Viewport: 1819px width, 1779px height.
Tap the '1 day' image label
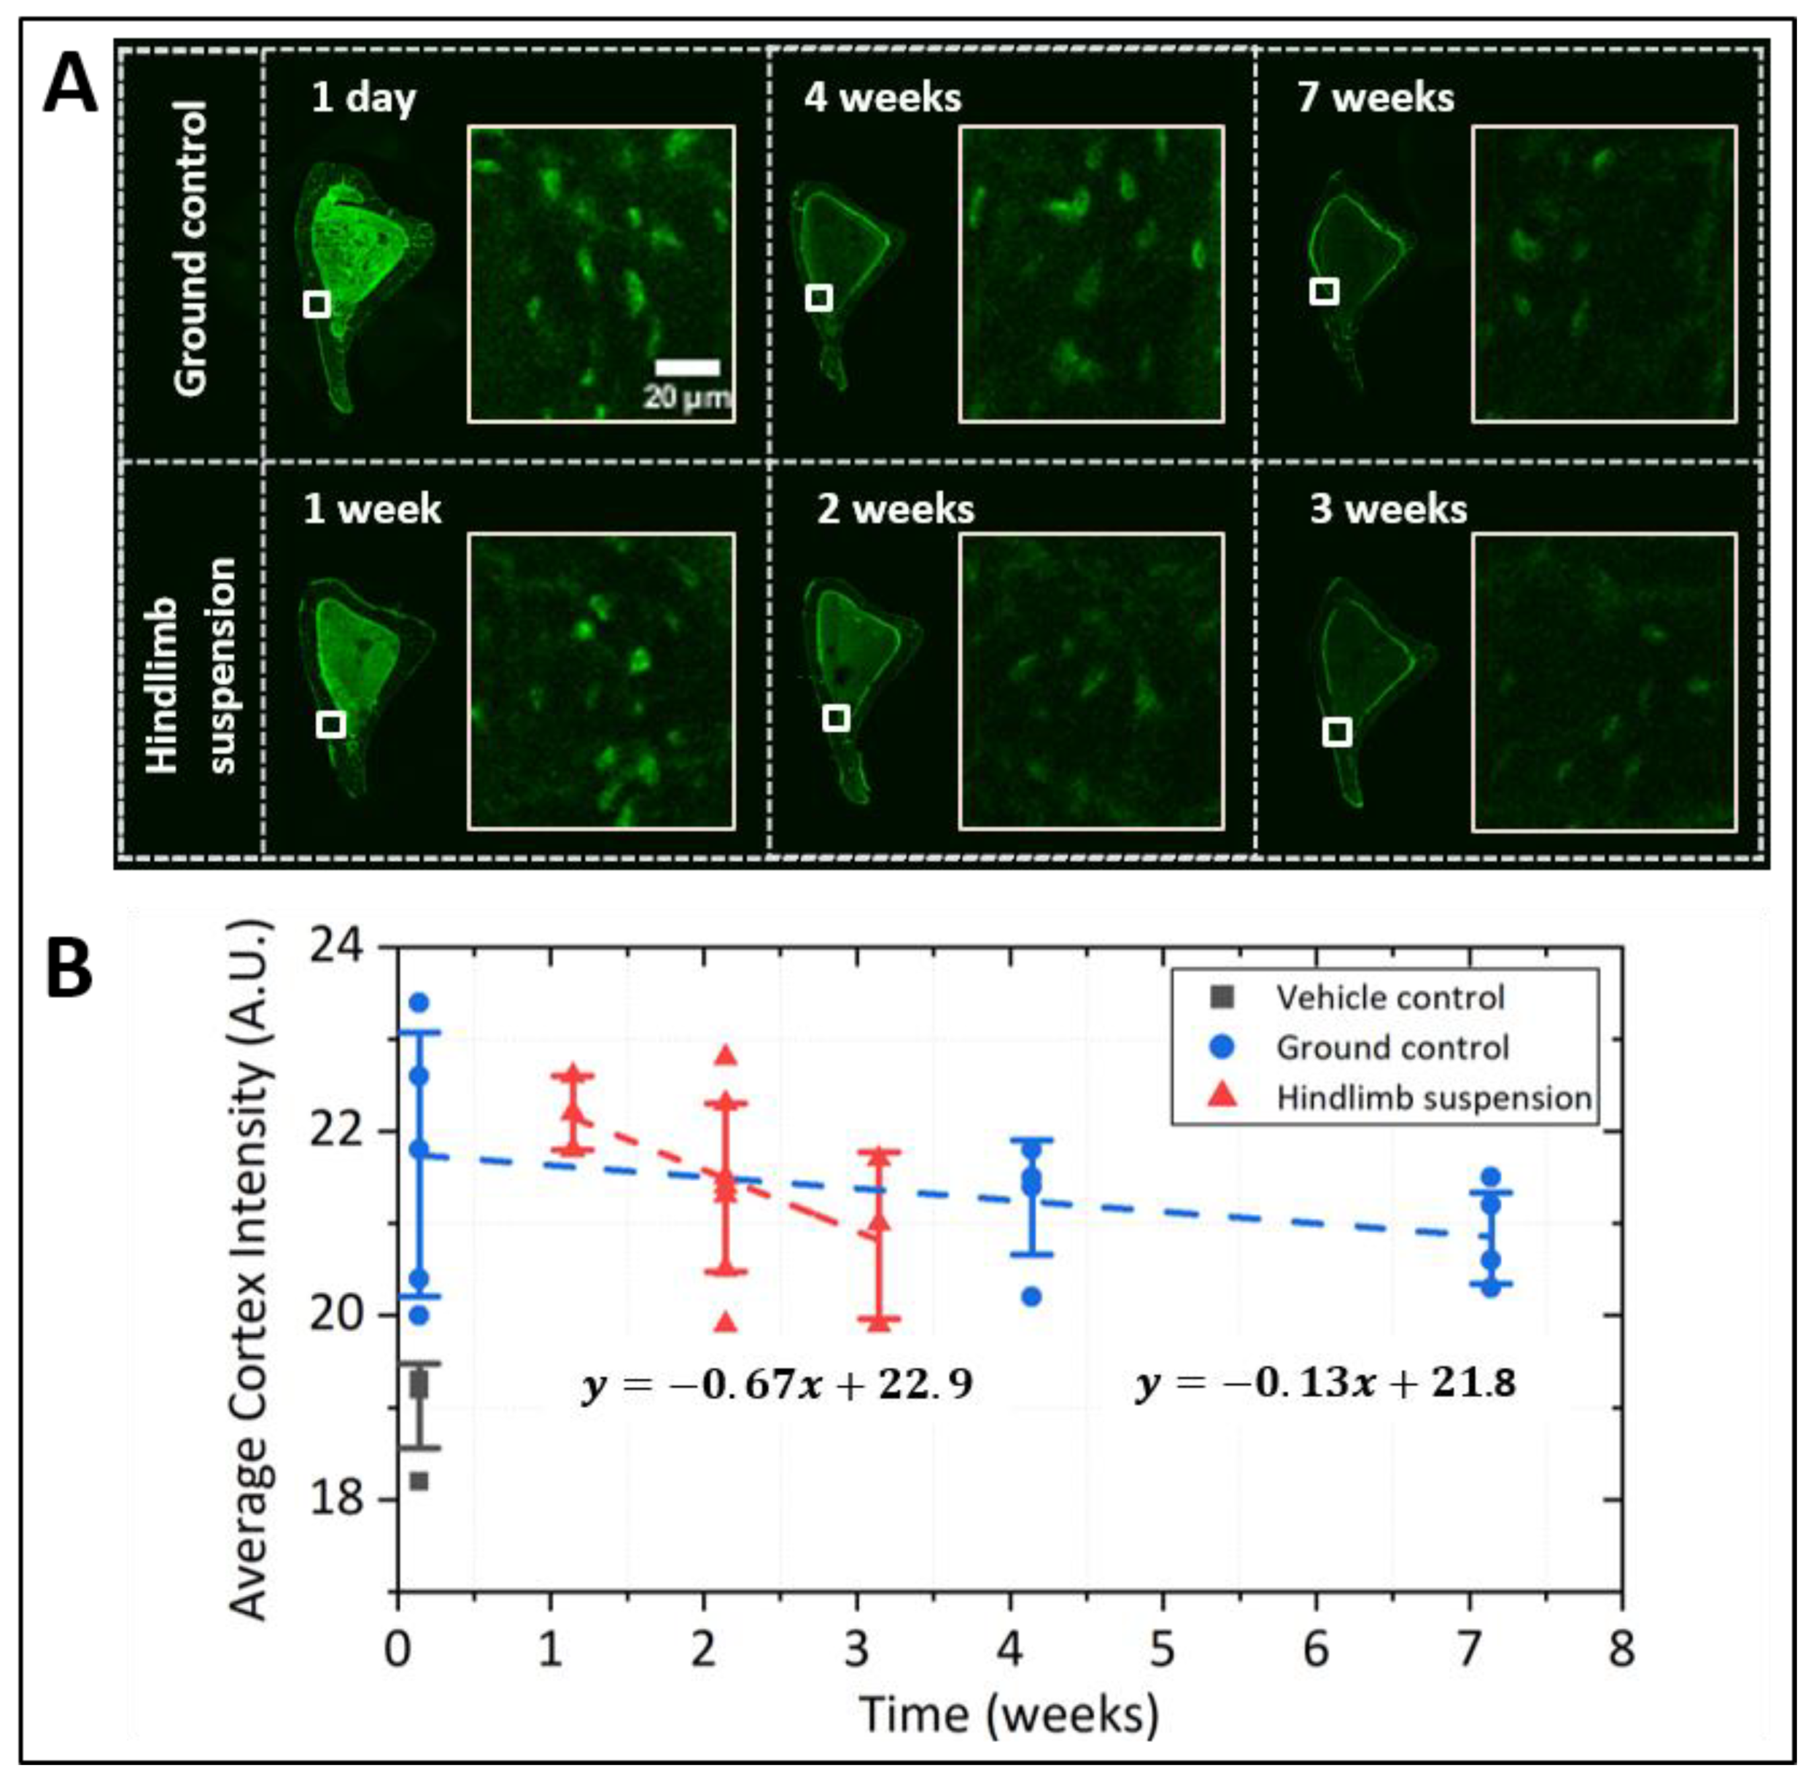click(364, 97)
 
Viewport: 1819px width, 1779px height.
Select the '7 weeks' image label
click(1375, 97)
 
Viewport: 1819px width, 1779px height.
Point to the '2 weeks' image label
click(895, 509)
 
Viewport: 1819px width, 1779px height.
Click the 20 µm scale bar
click(687, 367)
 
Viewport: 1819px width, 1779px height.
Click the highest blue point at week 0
click(419, 1003)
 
